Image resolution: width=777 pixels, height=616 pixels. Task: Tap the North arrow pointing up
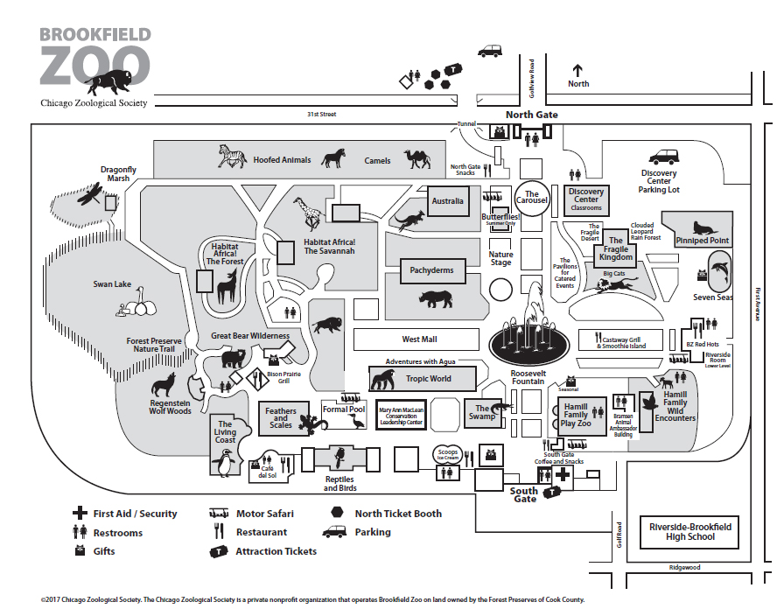tap(577, 71)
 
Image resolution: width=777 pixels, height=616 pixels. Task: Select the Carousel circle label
tap(532, 198)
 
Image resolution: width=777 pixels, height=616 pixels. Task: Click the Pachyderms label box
tap(432, 270)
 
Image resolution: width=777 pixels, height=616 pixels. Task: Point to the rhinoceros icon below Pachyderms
tap(436, 299)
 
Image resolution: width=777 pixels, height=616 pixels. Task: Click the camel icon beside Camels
tap(416, 158)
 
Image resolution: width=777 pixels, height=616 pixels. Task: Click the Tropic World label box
tap(429, 379)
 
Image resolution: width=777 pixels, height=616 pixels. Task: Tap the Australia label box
tap(447, 201)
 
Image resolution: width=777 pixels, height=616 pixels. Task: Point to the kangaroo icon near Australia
tap(409, 218)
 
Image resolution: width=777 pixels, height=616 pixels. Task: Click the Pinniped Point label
tap(703, 241)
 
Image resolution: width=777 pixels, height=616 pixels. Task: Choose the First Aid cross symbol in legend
tap(80, 514)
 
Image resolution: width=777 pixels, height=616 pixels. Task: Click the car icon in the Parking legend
tap(335, 532)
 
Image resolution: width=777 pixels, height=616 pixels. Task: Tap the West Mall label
tap(419, 339)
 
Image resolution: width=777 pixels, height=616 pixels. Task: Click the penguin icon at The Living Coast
tap(225, 463)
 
